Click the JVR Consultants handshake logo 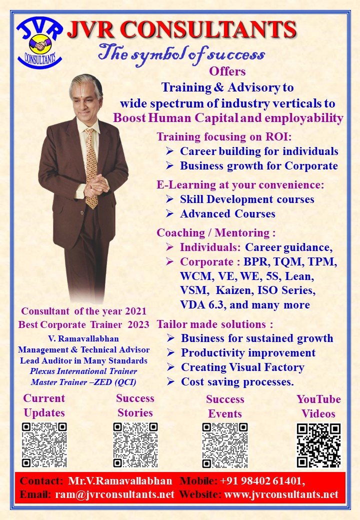(x=39, y=42)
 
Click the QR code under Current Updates (x=44, y=444)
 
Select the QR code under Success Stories (x=135, y=444)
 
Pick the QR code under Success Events (x=225, y=445)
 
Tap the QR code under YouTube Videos (x=318, y=445)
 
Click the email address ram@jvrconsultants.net (x=114, y=494)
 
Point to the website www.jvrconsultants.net (x=281, y=494)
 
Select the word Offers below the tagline (x=227, y=71)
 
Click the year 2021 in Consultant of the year (x=135, y=311)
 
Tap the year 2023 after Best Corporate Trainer (x=138, y=324)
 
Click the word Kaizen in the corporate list (x=234, y=290)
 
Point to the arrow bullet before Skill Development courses (x=169, y=199)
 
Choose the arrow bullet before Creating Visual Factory (x=170, y=367)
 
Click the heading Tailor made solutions (x=215, y=324)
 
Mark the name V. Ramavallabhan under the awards (x=83, y=338)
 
